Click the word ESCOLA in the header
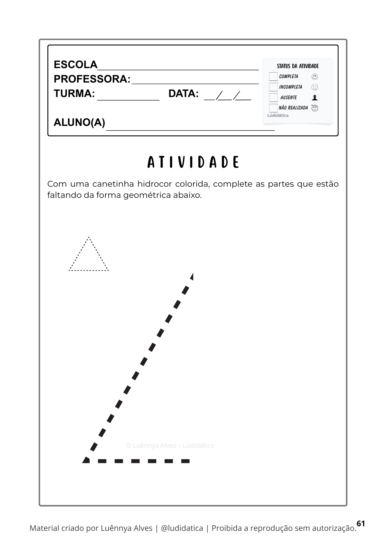[x=76, y=65]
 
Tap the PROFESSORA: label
[x=92, y=79]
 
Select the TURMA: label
[x=74, y=93]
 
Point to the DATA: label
[x=183, y=93]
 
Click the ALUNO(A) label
[x=79, y=123]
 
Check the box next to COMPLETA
[x=273, y=77]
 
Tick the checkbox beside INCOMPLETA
[x=273, y=87]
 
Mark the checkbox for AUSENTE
[x=273, y=98]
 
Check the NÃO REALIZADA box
[x=273, y=108]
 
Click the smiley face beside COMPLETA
[x=315, y=77]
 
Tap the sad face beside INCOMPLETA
[x=315, y=87]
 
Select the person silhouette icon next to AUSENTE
[x=315, y=98]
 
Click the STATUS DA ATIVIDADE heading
[x=298, y=66]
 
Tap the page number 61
[x=361, y=523]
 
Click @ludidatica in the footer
[x=182, y=528]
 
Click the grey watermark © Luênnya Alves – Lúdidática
[x=170, y=446]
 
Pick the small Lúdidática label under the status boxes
[x=278, y=116]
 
